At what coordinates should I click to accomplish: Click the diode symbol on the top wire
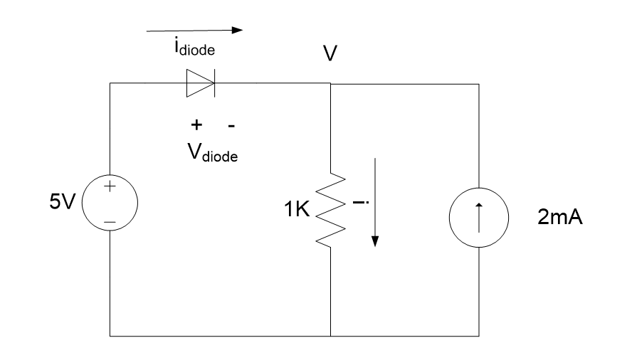(200, 83)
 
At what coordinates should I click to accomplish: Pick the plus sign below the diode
(195, 125)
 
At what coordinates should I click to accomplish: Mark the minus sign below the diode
(231, 125)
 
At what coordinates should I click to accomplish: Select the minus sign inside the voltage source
(110, 223)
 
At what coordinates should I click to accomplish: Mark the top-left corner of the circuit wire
(110, 83)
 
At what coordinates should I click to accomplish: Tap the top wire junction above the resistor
(331, 83)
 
